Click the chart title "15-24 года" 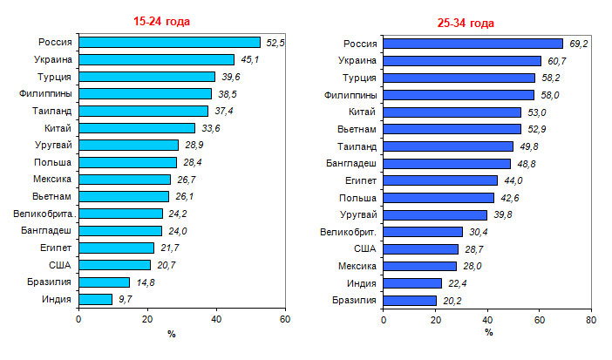pos(158,21)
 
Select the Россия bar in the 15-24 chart pos(169,42)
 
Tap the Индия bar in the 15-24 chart pos(95,299)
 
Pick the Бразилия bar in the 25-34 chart pos(409,300)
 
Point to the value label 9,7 pos(125,299)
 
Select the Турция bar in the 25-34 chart pos(459,77)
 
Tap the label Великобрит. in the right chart pos(348,231)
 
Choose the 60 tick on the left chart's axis pos(284,319)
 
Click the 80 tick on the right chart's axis pos(591,320)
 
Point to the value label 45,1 pos(248,59)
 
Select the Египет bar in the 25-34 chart pos(440,180)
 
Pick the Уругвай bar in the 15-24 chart pos(128,145)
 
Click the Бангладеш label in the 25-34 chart pos(350,162)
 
